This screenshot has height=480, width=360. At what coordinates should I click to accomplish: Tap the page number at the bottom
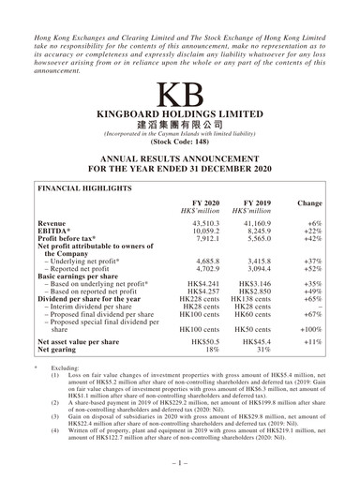tap(179, 461)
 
